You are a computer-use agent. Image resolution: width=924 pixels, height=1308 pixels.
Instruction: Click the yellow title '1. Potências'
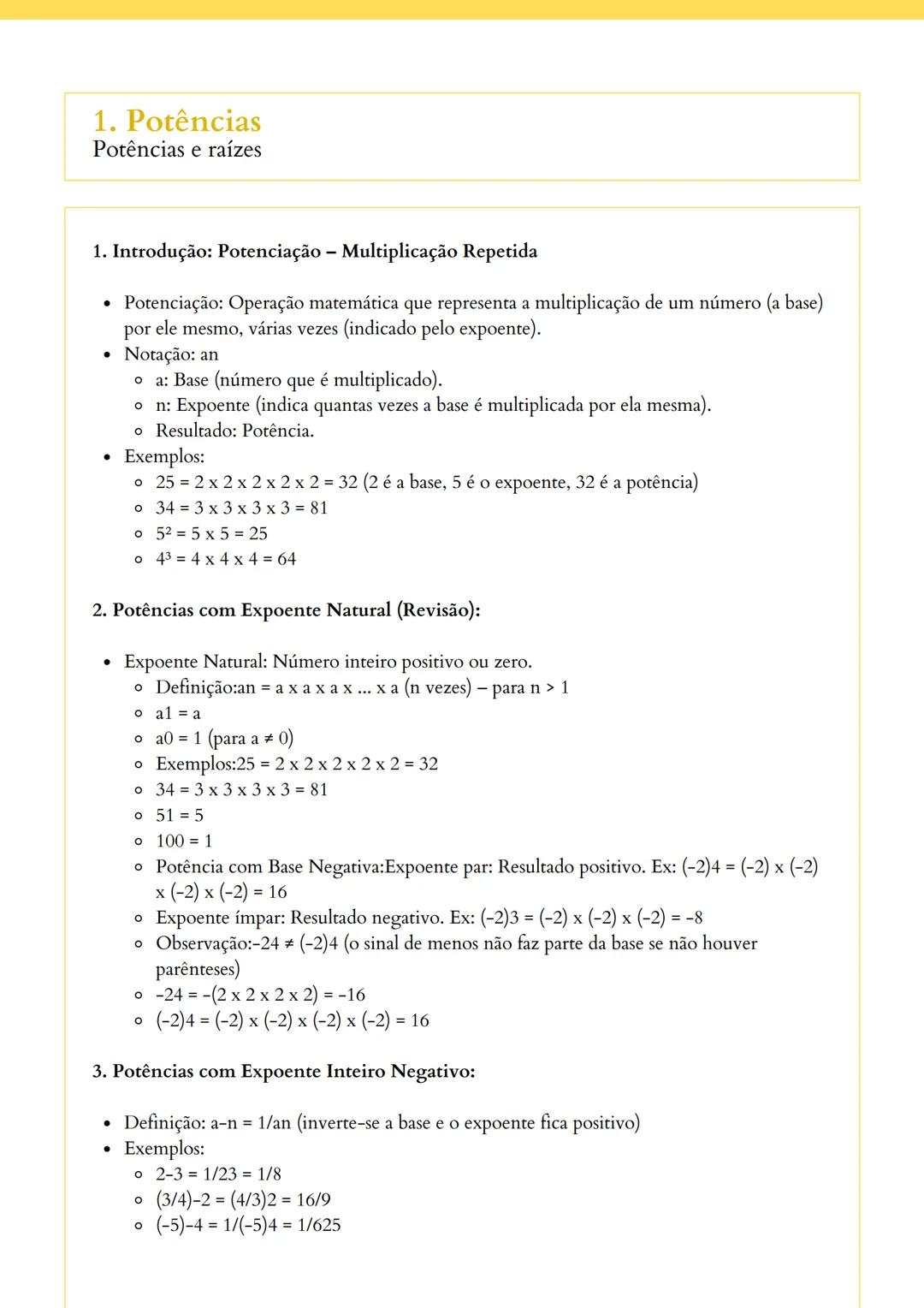[x=177, y=121]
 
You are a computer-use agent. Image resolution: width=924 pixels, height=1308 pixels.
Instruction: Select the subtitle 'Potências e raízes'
[x=177, y=150]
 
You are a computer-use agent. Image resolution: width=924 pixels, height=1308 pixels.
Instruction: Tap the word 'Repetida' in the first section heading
[x=500, y=251]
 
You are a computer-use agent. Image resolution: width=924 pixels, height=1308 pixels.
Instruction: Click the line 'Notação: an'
[x=171, y=354]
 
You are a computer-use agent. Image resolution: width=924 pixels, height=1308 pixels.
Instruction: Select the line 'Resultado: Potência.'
[x=234, y=431]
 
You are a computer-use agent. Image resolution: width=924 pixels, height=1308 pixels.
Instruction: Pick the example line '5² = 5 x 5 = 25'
[x=211, y=533]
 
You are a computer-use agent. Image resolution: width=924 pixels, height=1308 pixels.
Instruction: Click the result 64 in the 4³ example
[x=287, y=559]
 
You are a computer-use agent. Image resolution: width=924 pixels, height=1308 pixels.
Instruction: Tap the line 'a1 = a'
[x=178, y=713]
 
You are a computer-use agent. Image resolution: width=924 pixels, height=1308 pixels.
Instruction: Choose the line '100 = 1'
[x=184, y=841]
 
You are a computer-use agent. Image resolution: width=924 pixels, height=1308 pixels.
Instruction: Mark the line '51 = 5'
[x=180, y=815]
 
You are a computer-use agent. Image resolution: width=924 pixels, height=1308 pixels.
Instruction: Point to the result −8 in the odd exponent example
[x=693, y=918]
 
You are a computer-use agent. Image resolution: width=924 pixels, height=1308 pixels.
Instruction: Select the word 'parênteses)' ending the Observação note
[x=198, y=969]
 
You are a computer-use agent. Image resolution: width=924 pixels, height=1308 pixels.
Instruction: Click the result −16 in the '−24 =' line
[x=351, y=995]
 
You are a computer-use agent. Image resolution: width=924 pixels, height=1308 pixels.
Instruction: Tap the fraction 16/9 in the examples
[x=313, y=1199]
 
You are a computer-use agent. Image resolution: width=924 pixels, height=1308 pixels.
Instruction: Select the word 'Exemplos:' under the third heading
[x=164, y=1148]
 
